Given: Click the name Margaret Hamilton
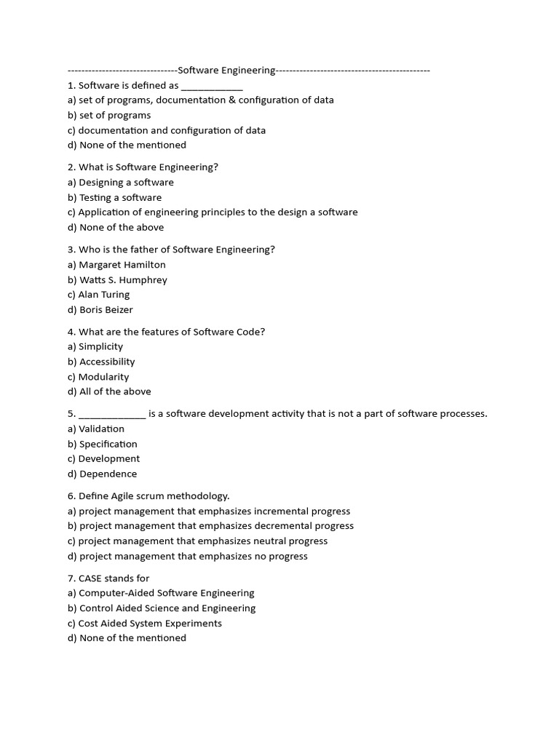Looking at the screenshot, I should coord(122,265).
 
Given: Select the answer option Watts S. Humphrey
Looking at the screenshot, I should coord(123,280).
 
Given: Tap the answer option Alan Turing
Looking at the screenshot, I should coord(104,295).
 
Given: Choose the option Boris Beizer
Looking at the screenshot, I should coord(106,310).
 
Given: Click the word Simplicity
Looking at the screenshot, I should coord(101,347).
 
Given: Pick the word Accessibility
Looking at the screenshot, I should coord(107,362).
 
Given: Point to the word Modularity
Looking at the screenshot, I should coord(104,377).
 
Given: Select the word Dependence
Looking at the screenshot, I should coord(108,474).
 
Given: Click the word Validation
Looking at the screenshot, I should coord(102,429).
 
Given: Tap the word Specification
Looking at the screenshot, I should coord(108,444).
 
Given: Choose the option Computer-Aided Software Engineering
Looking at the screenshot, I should coord(167,593).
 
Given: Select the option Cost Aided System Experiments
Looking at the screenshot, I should coord(150,624).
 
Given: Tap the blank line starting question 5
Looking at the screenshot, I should coord(112,415).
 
